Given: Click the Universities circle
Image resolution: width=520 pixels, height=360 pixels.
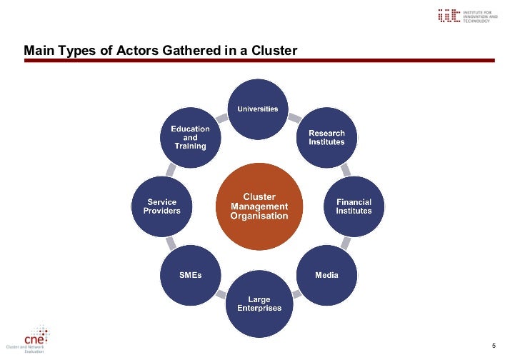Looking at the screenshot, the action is click(258, 109).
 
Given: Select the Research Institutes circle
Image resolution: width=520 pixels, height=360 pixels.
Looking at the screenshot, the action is click(326, 136).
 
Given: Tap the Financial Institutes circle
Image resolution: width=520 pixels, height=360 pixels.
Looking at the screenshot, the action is click(354, 206).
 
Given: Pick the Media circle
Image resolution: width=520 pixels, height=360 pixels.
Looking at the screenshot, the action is click(326, 275).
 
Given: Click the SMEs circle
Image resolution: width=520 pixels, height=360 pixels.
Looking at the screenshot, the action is click(190, 275).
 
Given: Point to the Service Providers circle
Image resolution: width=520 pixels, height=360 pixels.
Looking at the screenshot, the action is click(162, 206).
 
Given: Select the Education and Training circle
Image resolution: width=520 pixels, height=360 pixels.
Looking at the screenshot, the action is click(190, 137).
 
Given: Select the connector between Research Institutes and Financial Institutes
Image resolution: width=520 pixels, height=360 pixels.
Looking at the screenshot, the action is click(345, 170).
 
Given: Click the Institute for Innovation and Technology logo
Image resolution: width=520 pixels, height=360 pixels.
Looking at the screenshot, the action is click(464, 16).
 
